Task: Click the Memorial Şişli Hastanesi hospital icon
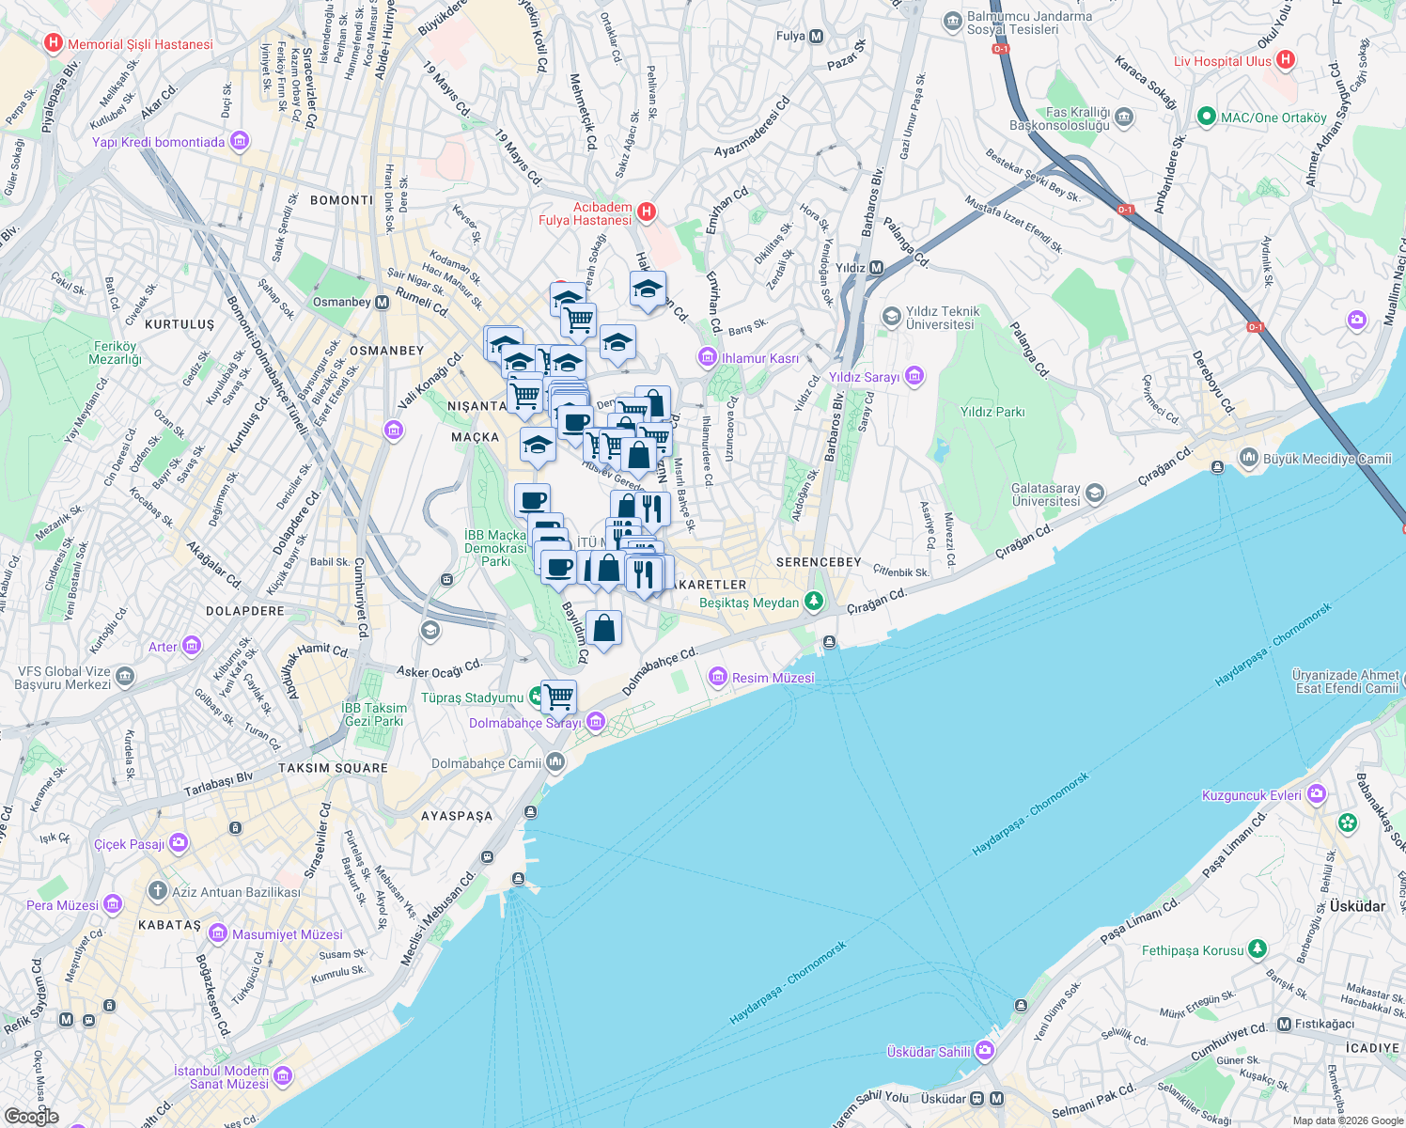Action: (x=53, y=43)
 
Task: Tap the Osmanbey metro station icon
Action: (x=382, y=303)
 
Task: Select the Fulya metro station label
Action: (x=790, y=37)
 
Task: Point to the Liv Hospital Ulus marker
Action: (x=1286, y=60)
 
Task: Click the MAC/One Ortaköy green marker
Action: (x=1207, y=117)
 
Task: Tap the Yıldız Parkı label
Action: (x=992, y=412)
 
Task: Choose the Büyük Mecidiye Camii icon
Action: (x=1248, y=459)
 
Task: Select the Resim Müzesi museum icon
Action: (x=718, y=677)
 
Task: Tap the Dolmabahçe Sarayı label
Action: (x=525, y=723)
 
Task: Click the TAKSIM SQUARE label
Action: (x=333, y=768)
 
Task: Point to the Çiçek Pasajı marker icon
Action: (x=179, y=843)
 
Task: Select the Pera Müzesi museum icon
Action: (x=113, y=904)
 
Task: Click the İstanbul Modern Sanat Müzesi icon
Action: (x=283, y=1076)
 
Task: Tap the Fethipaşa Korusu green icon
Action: (x=1258, y=949)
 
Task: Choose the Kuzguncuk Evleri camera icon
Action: (x=1316, y=794)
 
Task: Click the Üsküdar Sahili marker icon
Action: (x=984, y=1050)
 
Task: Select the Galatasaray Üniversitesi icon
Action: (x=1094, y=493)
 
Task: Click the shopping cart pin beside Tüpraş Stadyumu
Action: (x=558, y=697)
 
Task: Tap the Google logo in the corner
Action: (x=31, y=1116)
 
